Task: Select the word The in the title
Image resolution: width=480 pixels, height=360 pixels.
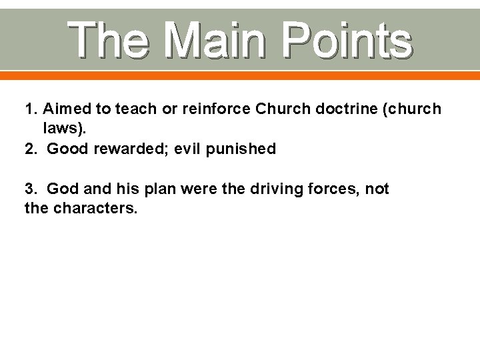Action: point(108,40)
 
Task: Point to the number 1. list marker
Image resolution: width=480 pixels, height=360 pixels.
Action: point(31,109)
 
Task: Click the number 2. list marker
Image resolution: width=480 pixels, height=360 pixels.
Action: point(31,149)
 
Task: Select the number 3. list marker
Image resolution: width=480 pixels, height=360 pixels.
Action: point(31,189)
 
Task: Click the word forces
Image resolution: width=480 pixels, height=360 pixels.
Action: point(327,189)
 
